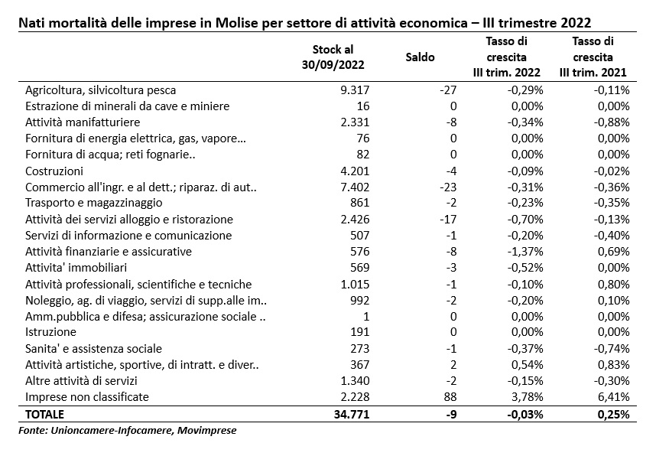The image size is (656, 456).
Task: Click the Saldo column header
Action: [420, 57]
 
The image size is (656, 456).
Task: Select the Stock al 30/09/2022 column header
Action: [333, 57]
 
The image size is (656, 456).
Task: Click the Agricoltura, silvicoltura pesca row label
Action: [100, 90]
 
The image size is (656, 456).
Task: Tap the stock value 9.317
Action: [355, 90]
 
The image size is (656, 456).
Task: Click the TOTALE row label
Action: [44, 414]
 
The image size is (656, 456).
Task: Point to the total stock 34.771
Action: [352, 414]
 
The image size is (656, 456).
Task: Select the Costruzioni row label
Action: [54, 171]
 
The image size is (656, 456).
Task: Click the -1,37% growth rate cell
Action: [525, 252]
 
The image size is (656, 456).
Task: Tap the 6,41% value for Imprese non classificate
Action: [613, 396]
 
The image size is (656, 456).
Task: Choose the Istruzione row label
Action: [50, 332]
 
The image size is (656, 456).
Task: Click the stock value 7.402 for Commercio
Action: [355, 187]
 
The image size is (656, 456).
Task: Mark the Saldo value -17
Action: [448, 220]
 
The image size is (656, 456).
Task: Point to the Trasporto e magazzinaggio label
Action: [94, 203]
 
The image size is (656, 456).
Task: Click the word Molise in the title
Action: [237, 23]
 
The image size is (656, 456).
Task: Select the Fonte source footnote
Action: [127, 430]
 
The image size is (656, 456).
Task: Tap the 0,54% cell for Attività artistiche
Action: [527, 365]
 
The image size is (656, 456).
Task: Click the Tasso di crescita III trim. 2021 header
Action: [593, 57]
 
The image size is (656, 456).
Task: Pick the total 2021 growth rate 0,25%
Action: [613, 414]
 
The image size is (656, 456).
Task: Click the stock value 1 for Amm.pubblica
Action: [366, 317]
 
